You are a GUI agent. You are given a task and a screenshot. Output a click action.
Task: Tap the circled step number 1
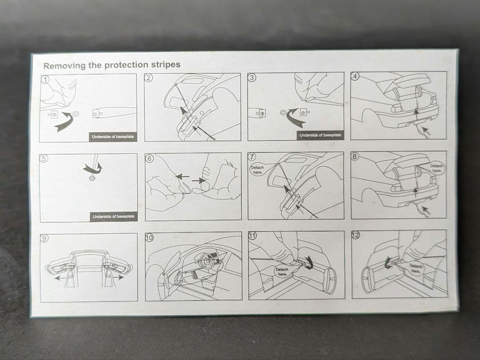pyautogui.click(x=45, y=80)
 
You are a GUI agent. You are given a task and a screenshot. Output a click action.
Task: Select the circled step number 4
pyautogui.click(x=355, y=76)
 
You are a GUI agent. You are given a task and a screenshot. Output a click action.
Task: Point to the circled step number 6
pyautogui.click(x=149, y=159)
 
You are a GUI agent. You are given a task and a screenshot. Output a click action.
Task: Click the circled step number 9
pyautogui.click(x=45, y=238)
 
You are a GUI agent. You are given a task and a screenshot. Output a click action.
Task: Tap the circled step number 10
pyautogui.click(x=150, y=237)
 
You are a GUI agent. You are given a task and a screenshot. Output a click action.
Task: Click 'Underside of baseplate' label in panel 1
pyautogui.click(x=113, y=137)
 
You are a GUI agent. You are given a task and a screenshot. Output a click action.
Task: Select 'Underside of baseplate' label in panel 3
pyautogui.click(x=320, y=135)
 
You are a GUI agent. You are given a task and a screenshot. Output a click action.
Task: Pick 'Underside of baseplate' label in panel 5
pyautogui.click(x=114, y=216)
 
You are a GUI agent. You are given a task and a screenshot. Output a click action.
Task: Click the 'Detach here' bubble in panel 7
pyautogui.click(x=257, y=170)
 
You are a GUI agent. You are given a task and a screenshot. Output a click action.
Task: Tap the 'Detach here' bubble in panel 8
pyautogui.click(x=436, y=168)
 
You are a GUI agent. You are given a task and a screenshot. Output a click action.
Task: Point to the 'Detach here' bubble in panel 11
pyautogui.click(x=282, y=272)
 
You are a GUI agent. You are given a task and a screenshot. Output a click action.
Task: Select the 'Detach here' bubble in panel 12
pyautogui.click(x=416, y=268)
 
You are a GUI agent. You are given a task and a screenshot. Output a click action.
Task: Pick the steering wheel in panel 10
pyautogui.click(x=207, y=261)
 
